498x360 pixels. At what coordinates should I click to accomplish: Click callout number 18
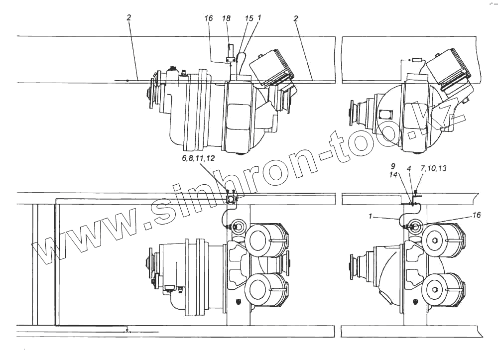pos(226,18)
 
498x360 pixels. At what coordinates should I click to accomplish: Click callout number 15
pos(249,18)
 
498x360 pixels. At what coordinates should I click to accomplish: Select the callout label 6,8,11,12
pos(198,158)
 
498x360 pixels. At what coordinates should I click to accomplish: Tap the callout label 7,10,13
pos(434,168)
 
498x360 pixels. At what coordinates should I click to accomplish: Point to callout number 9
pos(393,166)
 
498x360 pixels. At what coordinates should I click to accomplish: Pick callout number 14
pos(393,174)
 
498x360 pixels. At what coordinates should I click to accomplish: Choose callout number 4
pos(409,169)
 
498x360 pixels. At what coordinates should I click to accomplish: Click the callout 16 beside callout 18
pos(209,18)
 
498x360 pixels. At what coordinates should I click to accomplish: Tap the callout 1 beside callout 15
pos(259,18)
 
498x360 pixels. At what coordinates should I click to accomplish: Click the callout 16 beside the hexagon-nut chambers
pos(477,215)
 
